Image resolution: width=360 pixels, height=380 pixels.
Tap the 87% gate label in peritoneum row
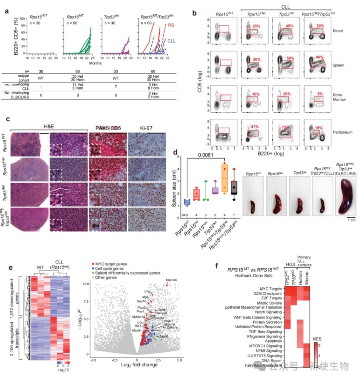point(255,127)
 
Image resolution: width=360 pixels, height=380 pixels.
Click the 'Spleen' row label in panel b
point(338,65)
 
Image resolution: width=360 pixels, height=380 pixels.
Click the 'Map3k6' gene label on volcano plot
point(171,280)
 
